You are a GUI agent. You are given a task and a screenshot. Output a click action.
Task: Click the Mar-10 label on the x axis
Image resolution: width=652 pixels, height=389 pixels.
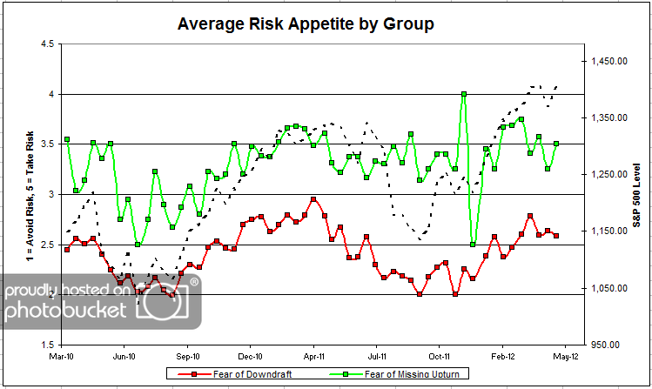(62, 357)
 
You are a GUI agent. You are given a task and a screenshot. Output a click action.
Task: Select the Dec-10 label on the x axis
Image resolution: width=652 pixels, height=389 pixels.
(250, 357)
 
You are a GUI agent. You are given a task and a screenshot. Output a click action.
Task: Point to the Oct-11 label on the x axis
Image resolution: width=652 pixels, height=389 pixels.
(440, 357)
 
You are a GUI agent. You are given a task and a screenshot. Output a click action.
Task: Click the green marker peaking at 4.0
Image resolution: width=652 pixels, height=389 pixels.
(464, 94)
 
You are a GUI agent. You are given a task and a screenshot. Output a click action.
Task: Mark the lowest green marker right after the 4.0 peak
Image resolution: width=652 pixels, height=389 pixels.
(473, 245)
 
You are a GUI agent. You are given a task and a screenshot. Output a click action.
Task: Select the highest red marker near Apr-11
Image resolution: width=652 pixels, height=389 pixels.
(313, 199)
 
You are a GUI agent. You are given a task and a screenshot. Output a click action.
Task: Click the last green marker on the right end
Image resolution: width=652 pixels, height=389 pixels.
(556, 144)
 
